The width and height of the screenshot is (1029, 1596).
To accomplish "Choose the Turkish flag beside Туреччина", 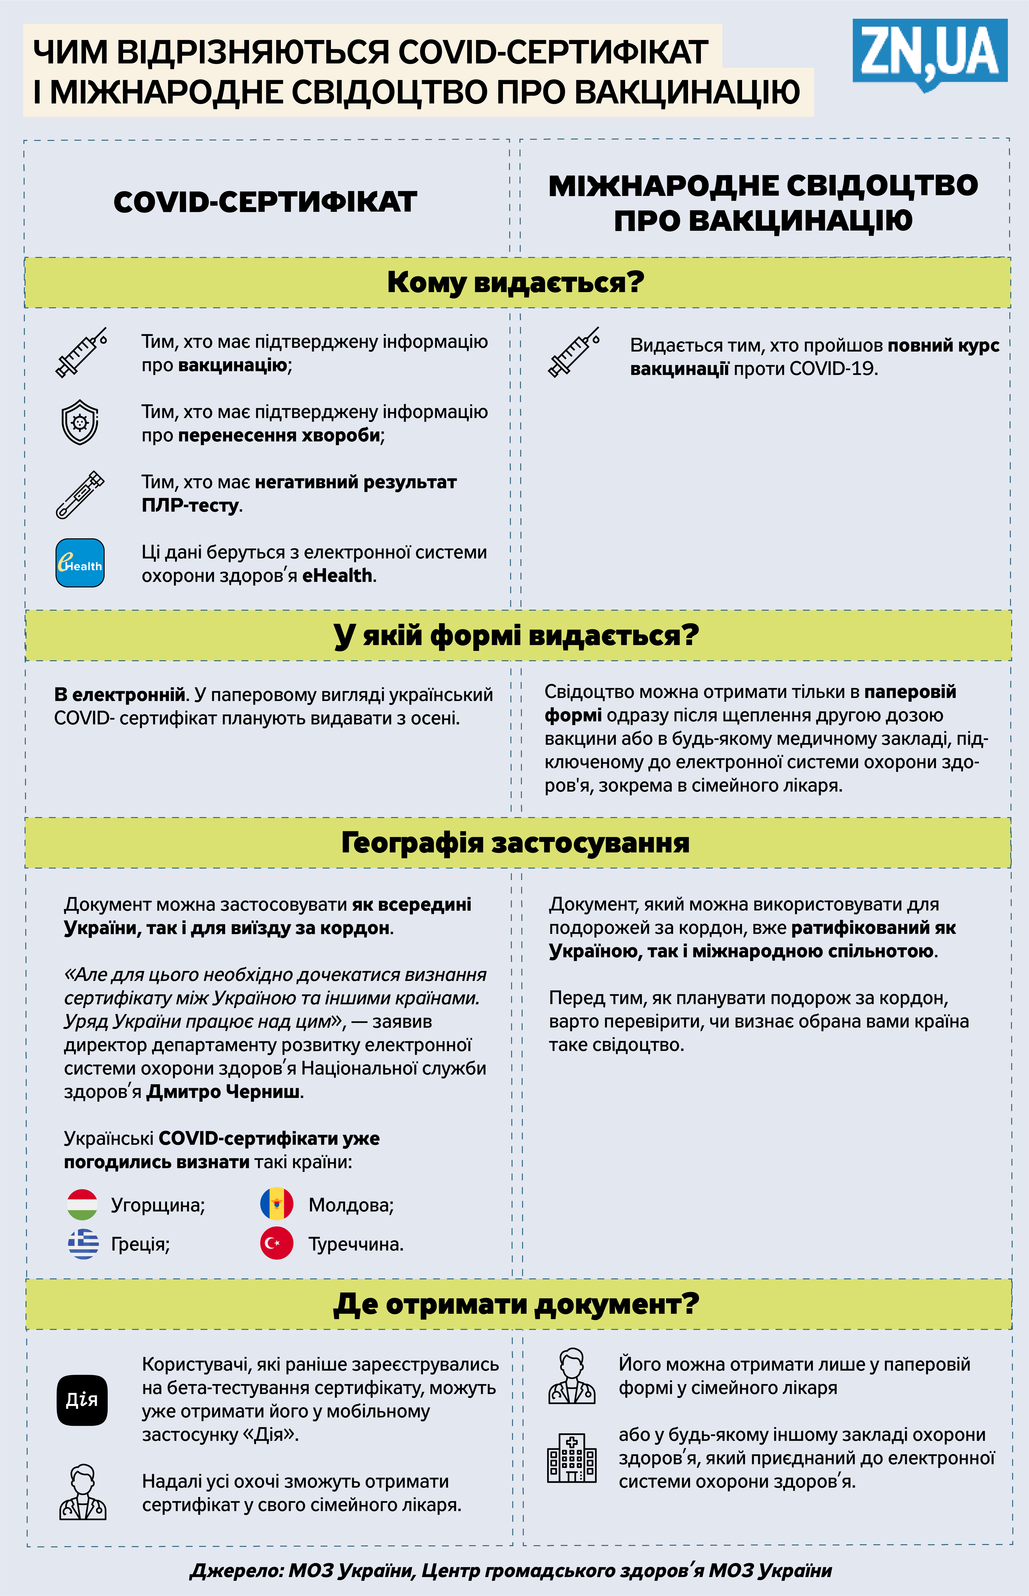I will tap(276, 1243).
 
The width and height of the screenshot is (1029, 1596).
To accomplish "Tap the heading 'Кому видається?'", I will tap(515, 283).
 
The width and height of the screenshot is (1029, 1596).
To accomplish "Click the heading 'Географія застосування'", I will tap(515, 842).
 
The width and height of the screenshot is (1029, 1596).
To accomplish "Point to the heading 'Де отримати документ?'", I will tap(515, 1303).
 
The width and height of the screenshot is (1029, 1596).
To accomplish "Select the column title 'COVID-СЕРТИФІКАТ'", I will tap(265, 202).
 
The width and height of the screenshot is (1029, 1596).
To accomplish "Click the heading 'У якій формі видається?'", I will tap(515, 635).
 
